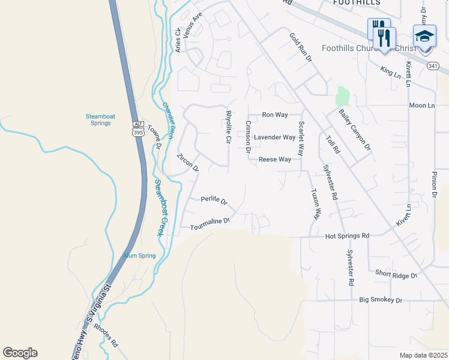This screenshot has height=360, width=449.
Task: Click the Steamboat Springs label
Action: (x=98, y=119)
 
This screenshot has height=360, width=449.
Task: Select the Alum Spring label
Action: (x=139, y=256)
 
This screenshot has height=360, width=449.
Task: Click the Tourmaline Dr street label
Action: (x=210, y=224)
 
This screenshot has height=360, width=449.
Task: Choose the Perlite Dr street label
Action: (x=214, y=200)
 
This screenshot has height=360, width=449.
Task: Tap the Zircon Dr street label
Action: (x=187, y=163)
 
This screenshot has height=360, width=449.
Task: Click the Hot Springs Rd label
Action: (x=347, y=236)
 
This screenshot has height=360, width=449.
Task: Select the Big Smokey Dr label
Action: (x=381, y=299)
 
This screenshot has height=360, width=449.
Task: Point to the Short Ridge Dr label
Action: (x=396, y=275)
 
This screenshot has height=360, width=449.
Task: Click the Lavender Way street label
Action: (x=274, y=137)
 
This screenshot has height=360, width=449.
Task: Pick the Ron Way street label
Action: (x=276, y=115)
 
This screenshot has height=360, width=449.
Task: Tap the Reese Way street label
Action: (x=275, y=160)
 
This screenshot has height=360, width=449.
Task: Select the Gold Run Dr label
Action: (x=301, y=47)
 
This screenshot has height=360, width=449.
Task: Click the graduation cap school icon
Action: (x=424, y=36)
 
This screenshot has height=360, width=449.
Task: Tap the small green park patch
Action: (x=343, y=95)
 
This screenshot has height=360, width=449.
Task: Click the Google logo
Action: (x=20, y=353)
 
